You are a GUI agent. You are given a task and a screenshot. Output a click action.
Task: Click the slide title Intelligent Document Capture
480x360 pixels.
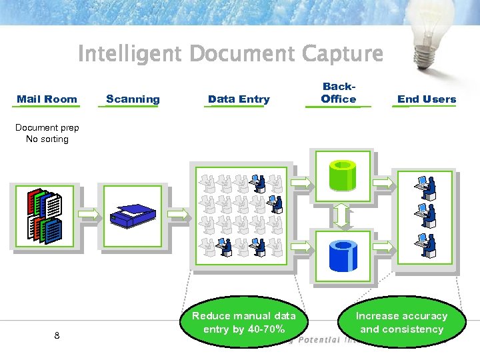click(x=231, y=53)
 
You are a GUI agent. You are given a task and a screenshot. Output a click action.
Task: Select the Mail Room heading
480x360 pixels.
click(x=47, y=99)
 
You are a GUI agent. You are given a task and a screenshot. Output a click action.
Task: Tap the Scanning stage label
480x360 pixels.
click(x=133, y=99)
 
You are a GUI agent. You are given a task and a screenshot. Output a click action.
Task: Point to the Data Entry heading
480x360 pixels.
click(x=239, y=99)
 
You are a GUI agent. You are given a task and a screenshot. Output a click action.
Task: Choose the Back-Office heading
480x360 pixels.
click(x=338, y=93)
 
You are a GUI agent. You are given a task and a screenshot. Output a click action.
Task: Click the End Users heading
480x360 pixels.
click(x=427, y=99)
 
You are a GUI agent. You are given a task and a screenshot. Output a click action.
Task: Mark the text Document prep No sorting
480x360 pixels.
click(x=47, y=133)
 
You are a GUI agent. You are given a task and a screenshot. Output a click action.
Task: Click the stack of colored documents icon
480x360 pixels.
click(x=45, y=215)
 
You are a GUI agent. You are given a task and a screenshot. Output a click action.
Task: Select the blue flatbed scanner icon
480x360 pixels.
click(x=133, y=215)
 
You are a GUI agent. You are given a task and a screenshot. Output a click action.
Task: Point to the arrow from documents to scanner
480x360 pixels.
click(x=89, y=213)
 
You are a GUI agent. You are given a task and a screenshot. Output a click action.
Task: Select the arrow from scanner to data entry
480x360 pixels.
click(x=177, y=213)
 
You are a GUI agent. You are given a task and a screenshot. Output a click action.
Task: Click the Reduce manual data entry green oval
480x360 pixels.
click(x=243, y=323)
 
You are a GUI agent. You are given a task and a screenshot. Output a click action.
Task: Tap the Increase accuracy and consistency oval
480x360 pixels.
click(x=401, y=323)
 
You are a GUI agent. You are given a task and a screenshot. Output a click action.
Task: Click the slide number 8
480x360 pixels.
click(x=57, y=335)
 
